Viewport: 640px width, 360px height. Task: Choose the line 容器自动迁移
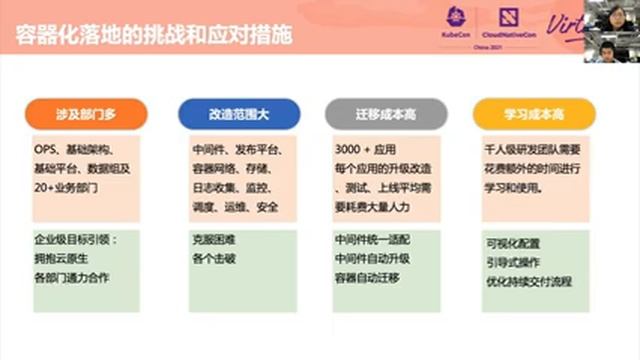click(369, 278)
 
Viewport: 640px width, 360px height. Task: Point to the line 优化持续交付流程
click(528, 281)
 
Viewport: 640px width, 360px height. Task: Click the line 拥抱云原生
click(60, 260)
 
